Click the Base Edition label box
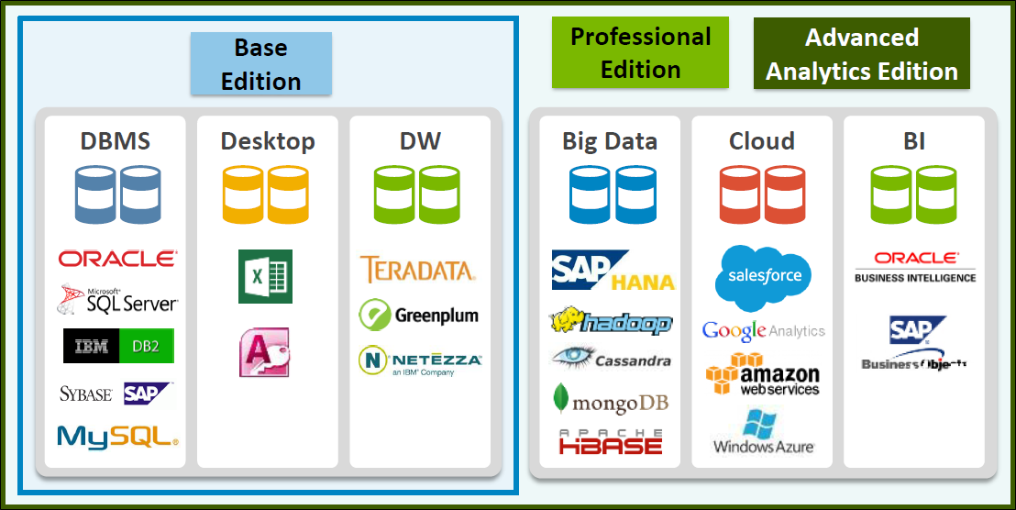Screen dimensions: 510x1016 click(260, 64)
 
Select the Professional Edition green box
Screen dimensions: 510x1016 click(640, 53)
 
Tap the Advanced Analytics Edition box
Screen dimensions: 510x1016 click(861, 54)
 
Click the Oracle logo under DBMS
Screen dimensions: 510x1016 click(117, 260)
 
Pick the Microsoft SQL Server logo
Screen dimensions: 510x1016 click(117, 299)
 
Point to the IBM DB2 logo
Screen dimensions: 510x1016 click(118, 345)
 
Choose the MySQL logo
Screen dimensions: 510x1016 click(117, 437)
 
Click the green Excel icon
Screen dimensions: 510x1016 click(265, 276)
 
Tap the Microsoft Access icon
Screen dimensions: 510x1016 click(264, 351)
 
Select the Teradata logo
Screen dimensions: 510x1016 click(417, 270)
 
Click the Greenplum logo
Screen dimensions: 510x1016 click(418, 315)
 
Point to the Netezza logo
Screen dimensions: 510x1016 click(419, 361)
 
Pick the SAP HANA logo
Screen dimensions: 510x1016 click(613, 271)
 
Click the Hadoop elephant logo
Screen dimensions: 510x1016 click(611, 321)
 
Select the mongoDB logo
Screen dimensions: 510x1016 click(611, 401)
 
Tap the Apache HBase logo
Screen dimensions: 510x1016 click(611, 442)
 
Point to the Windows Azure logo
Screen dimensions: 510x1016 click(763, 432)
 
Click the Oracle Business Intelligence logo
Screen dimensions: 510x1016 click(915, 267)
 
